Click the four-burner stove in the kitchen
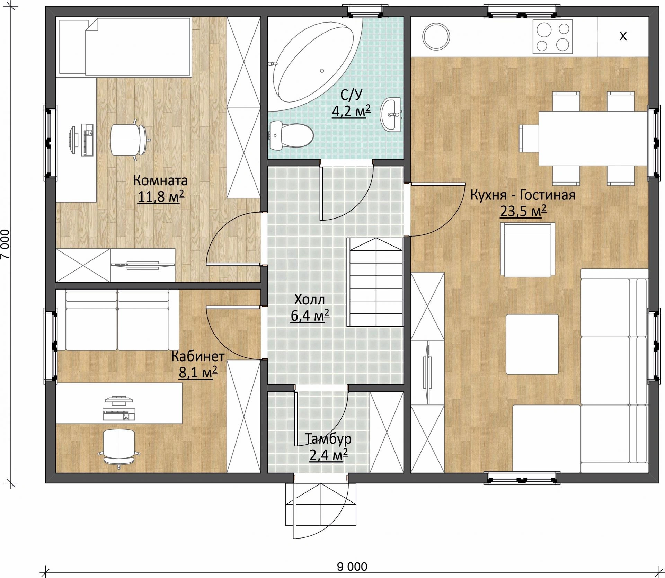(x=552, y=36)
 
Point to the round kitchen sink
(x=436, y=36)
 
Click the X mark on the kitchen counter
(x=623, y=36)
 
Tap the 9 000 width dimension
(x=352, y=567)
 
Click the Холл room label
(x=310, y=300)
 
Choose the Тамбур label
(x=328, y=439)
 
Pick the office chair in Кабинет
(x=119, y=448)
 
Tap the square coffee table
(x=532, y=344)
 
